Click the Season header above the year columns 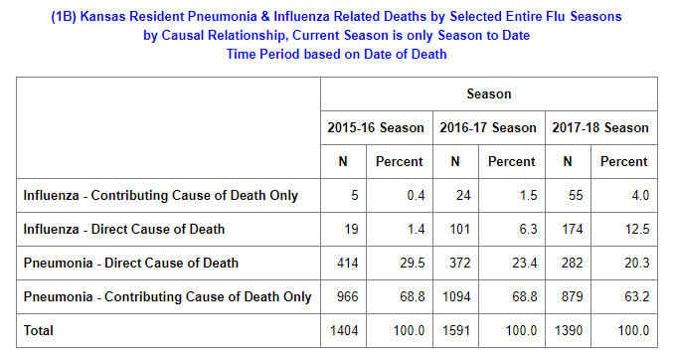489,93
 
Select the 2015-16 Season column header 376,127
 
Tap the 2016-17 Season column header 488,127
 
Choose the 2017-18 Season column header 600,127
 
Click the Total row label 38,330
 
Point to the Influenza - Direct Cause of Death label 124,229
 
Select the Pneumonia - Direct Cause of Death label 130,263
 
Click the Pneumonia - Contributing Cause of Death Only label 167,296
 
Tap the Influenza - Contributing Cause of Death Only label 160,195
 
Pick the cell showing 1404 344,330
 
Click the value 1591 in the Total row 456,330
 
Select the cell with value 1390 569,330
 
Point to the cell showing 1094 456,296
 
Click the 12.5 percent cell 637,229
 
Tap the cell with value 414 347,263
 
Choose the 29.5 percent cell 413,263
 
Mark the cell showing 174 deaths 573,229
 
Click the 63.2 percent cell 637,296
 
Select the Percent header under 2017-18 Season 623,161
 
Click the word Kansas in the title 103,16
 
